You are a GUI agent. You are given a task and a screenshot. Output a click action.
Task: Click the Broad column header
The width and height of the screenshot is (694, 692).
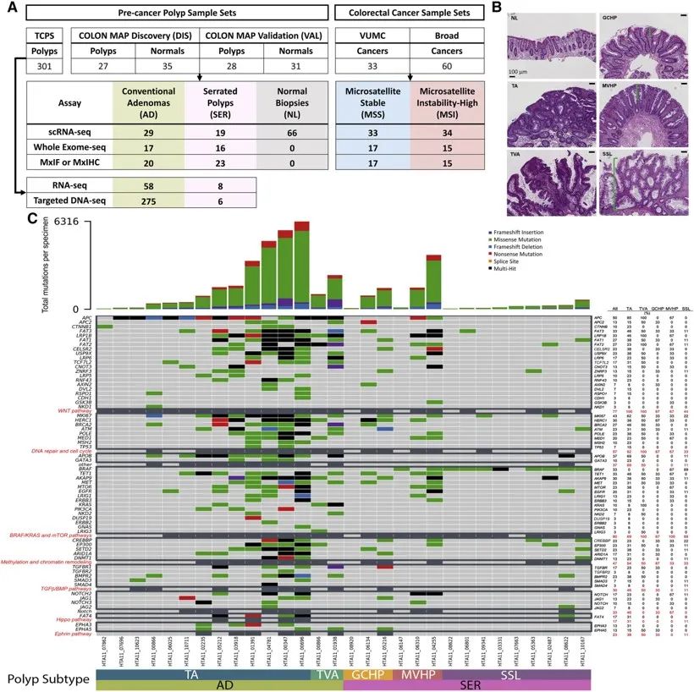(445, 35)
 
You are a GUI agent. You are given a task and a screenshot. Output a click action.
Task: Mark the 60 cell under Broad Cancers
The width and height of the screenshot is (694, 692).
(445, 65)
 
